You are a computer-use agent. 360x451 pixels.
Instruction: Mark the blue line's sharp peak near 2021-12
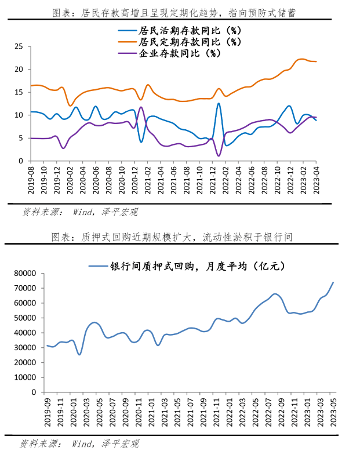pyautogui.click(x=219, y=103)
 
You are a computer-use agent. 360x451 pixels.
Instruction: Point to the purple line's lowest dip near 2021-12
pyautogui.click(x=219, y=155)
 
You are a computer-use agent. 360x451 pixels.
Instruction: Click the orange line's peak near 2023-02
pyautogui.click(x=301, y=59)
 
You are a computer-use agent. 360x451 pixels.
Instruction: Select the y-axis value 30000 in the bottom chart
pyautogui.click(x=27, y=347)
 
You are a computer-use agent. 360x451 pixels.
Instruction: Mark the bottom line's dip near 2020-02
pyautogui.click(x=79, y=354)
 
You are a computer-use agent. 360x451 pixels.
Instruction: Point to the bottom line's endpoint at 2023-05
pyautogui.click(x=333, y=282)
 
